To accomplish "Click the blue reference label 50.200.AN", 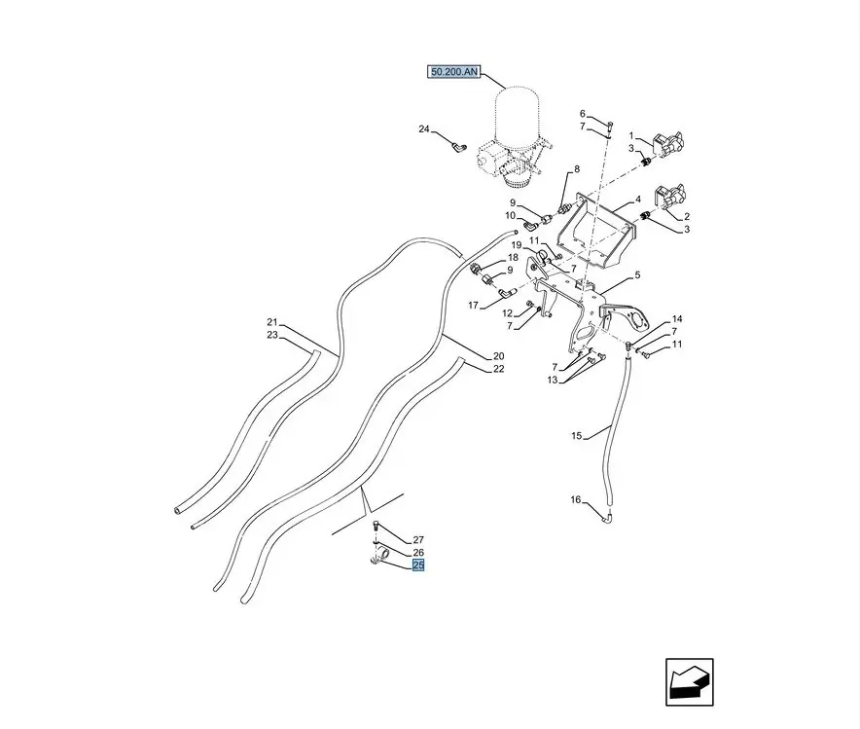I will point(454,71).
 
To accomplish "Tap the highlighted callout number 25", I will point(418,565).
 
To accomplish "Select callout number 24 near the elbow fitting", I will point(424,129).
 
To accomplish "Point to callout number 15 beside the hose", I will point(576,436).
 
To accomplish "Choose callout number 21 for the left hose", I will point(272,322).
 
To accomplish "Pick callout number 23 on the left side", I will point(272,336).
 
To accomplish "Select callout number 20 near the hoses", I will point(498,356).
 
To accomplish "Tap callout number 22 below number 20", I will point(498,369).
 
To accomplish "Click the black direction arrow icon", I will point(690,681).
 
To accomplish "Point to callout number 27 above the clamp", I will point(418,540).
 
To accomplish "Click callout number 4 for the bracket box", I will point(638,200).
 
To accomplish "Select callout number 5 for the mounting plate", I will point(637,275).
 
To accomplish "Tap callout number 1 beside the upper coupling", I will point(630,136).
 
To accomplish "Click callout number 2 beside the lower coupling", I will point(687,216).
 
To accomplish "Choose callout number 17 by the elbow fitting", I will point(474,305).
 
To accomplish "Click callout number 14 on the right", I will point(677,319).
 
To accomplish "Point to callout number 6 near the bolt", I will point(583,114).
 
